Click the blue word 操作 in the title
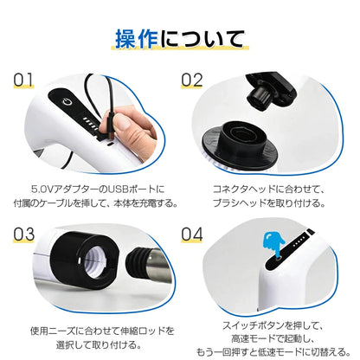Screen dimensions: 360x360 point(140,38)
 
